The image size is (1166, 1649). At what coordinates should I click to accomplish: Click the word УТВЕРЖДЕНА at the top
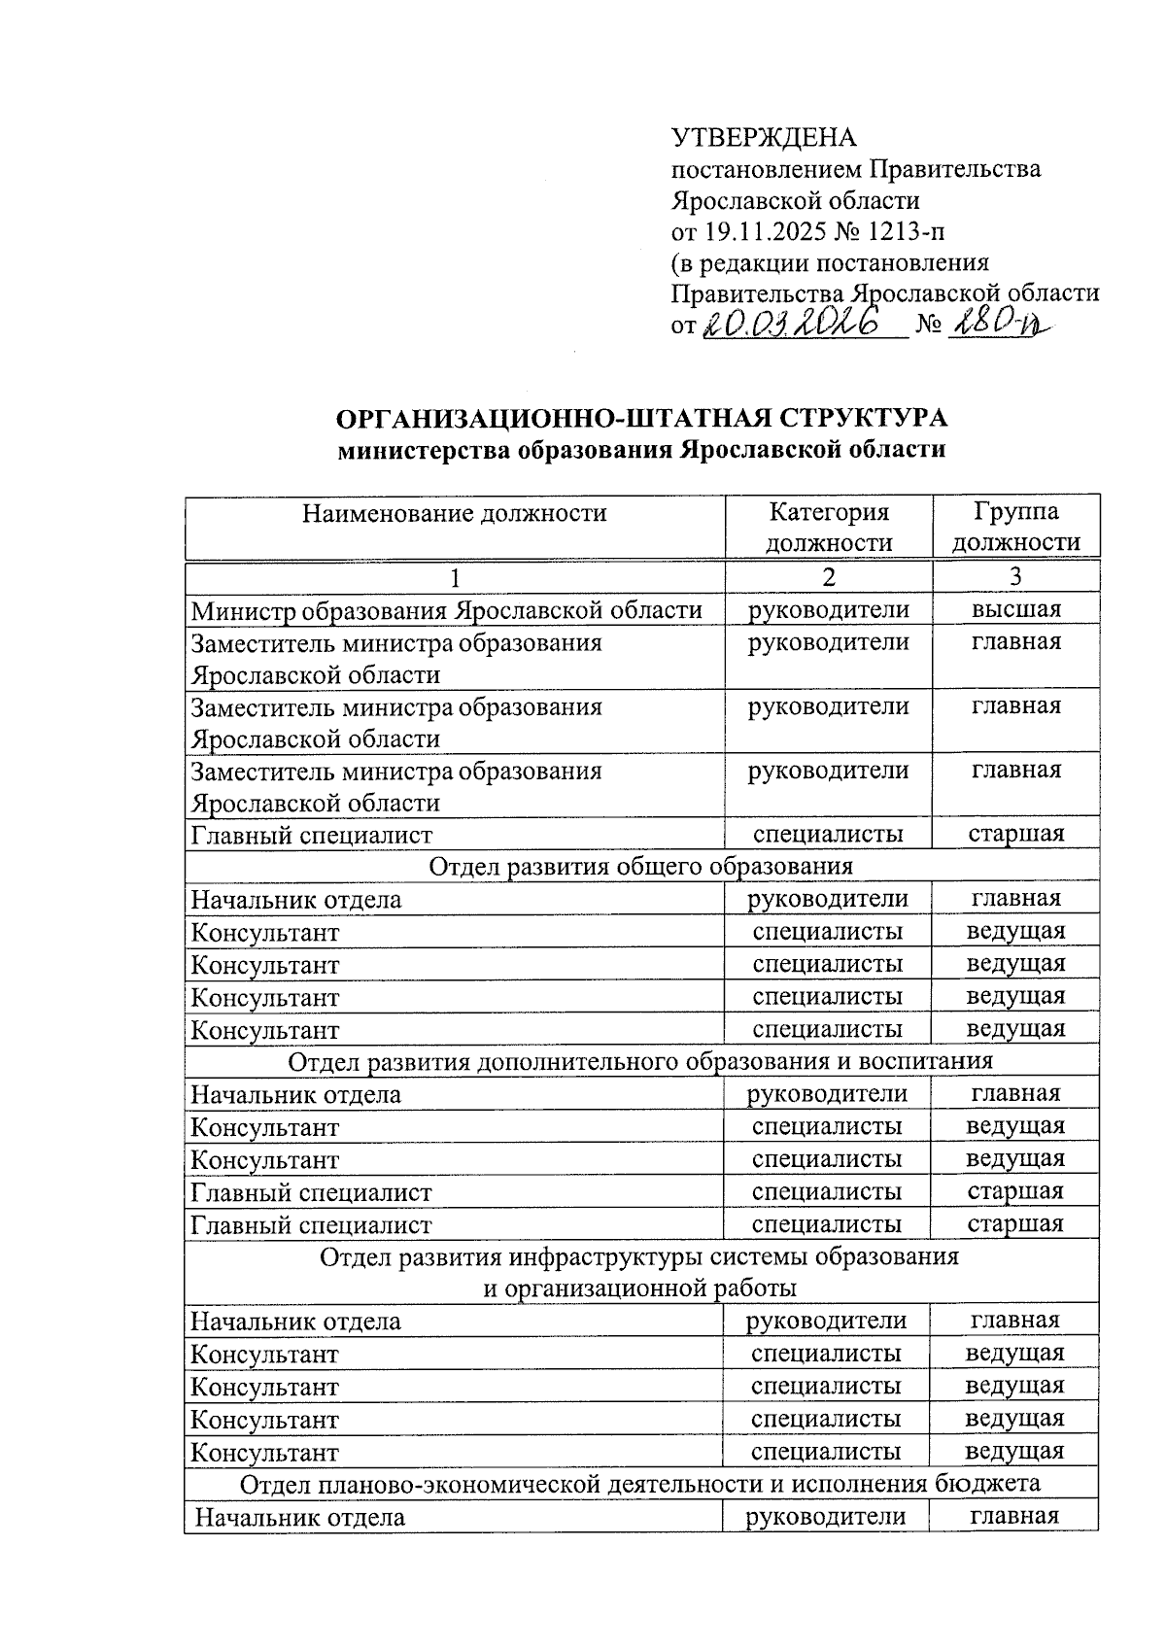764,137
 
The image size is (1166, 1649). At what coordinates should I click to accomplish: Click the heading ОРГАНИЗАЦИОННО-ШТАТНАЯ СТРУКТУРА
641,419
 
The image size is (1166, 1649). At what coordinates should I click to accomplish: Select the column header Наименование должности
454,513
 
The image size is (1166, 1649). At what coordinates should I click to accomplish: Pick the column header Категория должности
828,527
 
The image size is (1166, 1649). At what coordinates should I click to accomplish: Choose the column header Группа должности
1015,527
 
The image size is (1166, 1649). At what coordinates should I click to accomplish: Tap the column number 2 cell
828,576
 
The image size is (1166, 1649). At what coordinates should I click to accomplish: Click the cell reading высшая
1016,609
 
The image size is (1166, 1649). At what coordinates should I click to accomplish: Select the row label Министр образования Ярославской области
447,610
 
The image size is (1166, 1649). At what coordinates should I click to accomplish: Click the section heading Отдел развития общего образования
641,866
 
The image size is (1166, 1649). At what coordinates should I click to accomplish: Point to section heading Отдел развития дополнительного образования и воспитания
641,1061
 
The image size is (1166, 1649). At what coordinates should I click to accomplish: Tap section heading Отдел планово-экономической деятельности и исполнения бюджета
640,1484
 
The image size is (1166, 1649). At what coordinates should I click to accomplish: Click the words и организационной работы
640,1288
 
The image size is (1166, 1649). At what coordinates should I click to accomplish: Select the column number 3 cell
1015,576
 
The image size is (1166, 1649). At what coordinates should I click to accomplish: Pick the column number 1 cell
454,577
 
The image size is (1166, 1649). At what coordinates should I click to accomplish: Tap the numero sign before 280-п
929,326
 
